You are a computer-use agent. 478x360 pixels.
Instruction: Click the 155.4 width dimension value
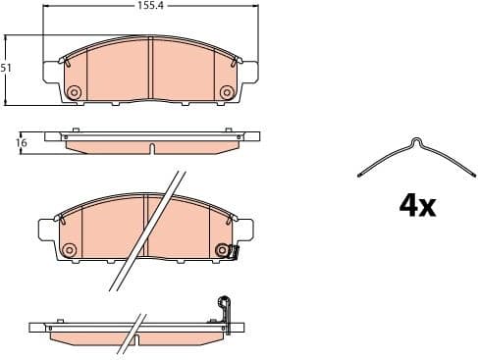(150, 6)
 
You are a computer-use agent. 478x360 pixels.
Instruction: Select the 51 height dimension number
(7, 69)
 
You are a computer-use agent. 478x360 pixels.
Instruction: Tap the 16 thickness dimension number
(21, 142)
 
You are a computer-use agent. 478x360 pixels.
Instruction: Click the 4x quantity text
(416, 205)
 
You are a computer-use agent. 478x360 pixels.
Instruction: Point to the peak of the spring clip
(416, 144)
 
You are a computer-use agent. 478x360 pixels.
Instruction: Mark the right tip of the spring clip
(470, 177)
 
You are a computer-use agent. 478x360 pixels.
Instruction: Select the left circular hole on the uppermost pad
(73, 92)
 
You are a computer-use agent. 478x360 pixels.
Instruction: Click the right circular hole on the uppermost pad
(227, 92)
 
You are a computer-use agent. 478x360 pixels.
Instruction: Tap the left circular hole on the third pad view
(69, 251)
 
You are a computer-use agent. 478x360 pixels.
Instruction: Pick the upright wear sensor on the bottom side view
(225, 309)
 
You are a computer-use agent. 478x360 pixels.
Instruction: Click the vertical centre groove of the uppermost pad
(150, 69)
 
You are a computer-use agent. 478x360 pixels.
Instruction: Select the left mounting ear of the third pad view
(45, 231)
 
